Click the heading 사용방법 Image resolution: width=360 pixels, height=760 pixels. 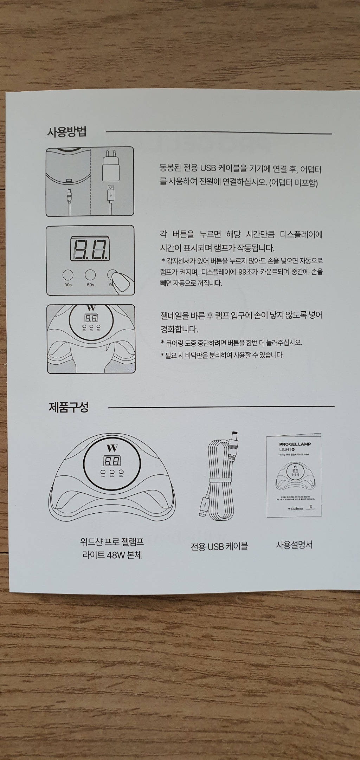coord(67,132)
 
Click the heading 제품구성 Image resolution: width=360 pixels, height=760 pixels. coord(69,407)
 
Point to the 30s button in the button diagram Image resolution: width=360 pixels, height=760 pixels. coord(68,274)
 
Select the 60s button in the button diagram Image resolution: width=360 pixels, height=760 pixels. coord(90,274)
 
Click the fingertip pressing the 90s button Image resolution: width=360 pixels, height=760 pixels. coord(121,282)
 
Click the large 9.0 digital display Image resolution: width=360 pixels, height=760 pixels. coord(90,248)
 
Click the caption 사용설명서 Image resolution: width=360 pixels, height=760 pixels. coord(294,545)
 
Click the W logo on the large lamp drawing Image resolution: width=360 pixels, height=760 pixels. coord(112,448)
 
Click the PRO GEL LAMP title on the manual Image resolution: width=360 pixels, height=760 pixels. coord(295,444)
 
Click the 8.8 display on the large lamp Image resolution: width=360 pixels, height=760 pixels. coord(112,461)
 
